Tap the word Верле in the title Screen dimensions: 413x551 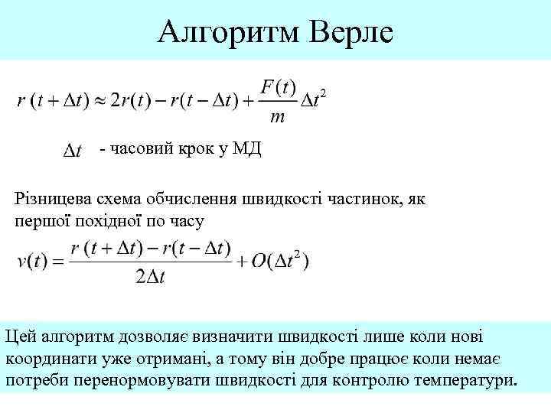pos(349,31)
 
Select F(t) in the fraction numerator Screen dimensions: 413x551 pos(278,87)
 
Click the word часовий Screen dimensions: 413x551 pos(143,149)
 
